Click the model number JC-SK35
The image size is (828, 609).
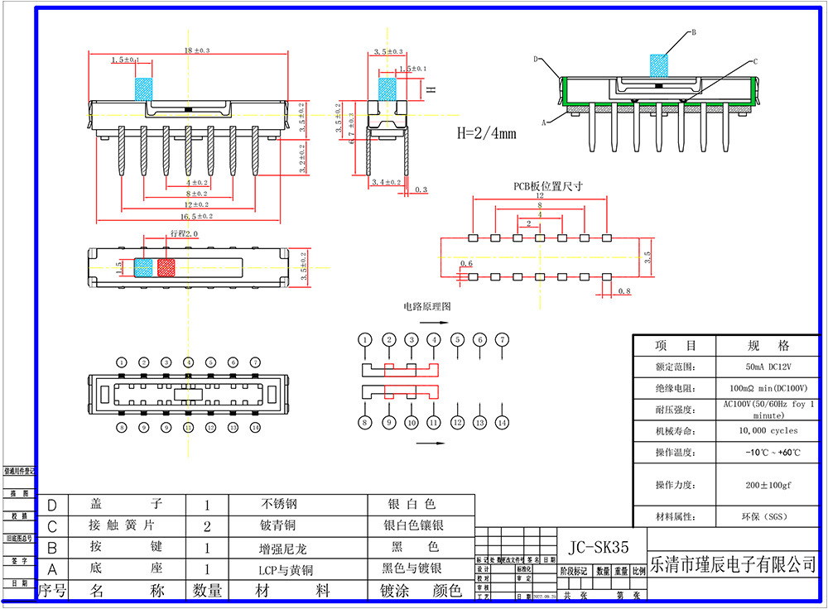click(599, 547)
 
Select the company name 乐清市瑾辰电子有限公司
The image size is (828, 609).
click(734, 564)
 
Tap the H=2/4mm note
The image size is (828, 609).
click(487, 132)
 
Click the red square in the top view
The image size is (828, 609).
click(166, 267)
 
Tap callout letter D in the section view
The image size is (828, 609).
click(536, 60)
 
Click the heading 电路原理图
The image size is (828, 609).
click(427, 306)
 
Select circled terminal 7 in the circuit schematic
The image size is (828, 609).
click(501, 340)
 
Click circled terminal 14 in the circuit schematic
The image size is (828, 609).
click(501, 423)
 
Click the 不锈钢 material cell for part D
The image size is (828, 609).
click(278, 504)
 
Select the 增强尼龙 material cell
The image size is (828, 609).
click(282, 548)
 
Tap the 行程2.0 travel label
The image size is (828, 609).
click(184, 234)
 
